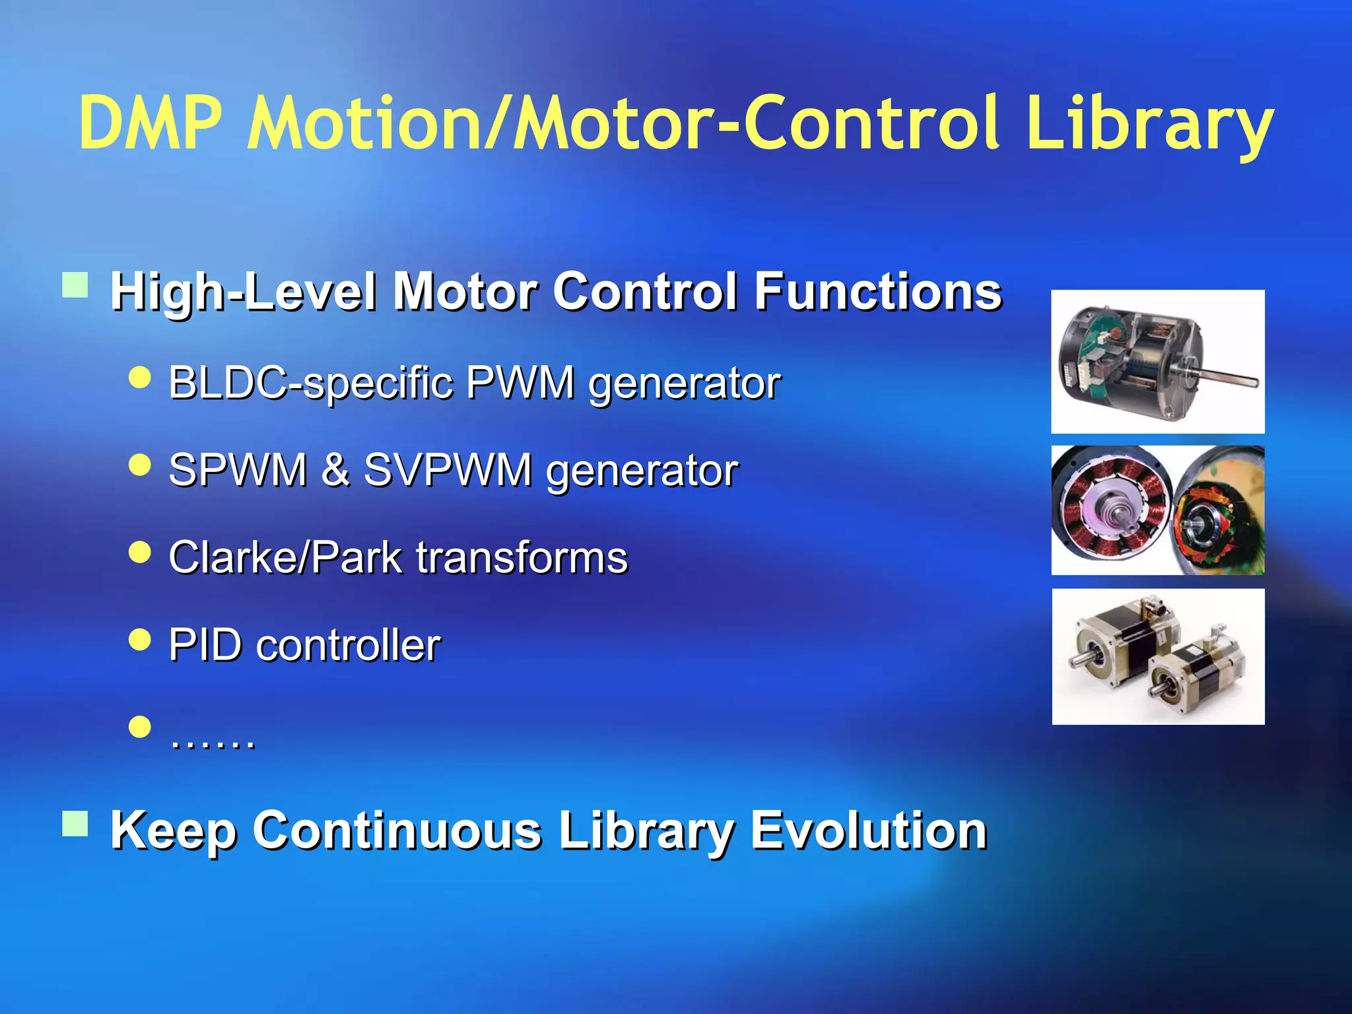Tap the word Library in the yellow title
[x=1149, y=123]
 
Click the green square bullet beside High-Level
[x=75, y=286]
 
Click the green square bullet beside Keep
[x=75, y=823]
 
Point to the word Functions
[x=878, y=291]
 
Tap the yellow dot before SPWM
[x=140, y=465]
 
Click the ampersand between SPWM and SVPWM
[x=335, y=470]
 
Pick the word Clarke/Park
[x=285, y=558]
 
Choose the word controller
[x=349, y=645]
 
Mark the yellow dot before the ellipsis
[x=140, y=727]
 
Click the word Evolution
[x=868, y=830]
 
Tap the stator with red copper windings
[x=1112, y=510]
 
